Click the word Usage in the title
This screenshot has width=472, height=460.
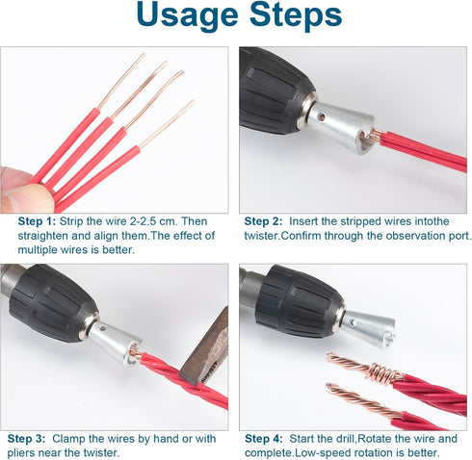187,16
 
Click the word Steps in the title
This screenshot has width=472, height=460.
296,16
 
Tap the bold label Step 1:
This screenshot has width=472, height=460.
37,221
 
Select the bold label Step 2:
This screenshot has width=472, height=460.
263,221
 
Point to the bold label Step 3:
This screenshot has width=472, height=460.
26,439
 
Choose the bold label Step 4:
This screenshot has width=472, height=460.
264,439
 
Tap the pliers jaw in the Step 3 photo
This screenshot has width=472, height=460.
205,349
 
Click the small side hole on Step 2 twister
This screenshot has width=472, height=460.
320,116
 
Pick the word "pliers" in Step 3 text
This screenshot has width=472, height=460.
20,453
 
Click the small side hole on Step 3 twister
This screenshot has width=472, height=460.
103,328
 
